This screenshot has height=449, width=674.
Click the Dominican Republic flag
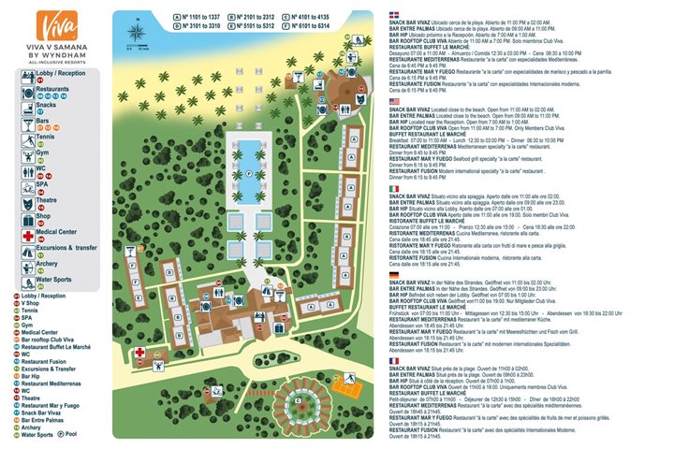394,14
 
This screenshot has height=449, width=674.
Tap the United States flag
394,100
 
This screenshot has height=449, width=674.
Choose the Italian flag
394,188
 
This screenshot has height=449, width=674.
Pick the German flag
394,274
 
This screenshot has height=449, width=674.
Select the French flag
394,360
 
